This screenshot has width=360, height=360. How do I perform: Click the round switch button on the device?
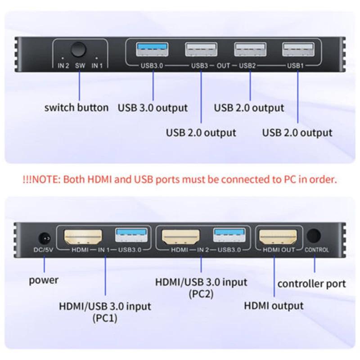point(80,49)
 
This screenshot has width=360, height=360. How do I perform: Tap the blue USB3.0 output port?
point(153,49)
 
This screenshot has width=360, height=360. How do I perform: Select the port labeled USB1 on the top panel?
point(297,49)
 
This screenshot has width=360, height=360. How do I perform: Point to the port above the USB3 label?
point(201,49)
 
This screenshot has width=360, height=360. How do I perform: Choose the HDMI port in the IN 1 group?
point(84,237)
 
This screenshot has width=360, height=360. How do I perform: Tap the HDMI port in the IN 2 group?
point(181,237)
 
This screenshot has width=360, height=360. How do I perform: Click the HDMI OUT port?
point(277,237)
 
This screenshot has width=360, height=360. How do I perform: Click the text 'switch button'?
point(76,108)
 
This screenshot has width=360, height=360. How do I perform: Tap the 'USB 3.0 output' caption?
point(153,108)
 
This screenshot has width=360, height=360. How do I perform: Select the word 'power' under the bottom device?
point(44,280)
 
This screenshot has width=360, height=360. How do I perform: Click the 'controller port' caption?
point(311,283)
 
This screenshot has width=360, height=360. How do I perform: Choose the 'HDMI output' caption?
point(274,306)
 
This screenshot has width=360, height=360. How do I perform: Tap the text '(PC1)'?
point(104,318)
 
